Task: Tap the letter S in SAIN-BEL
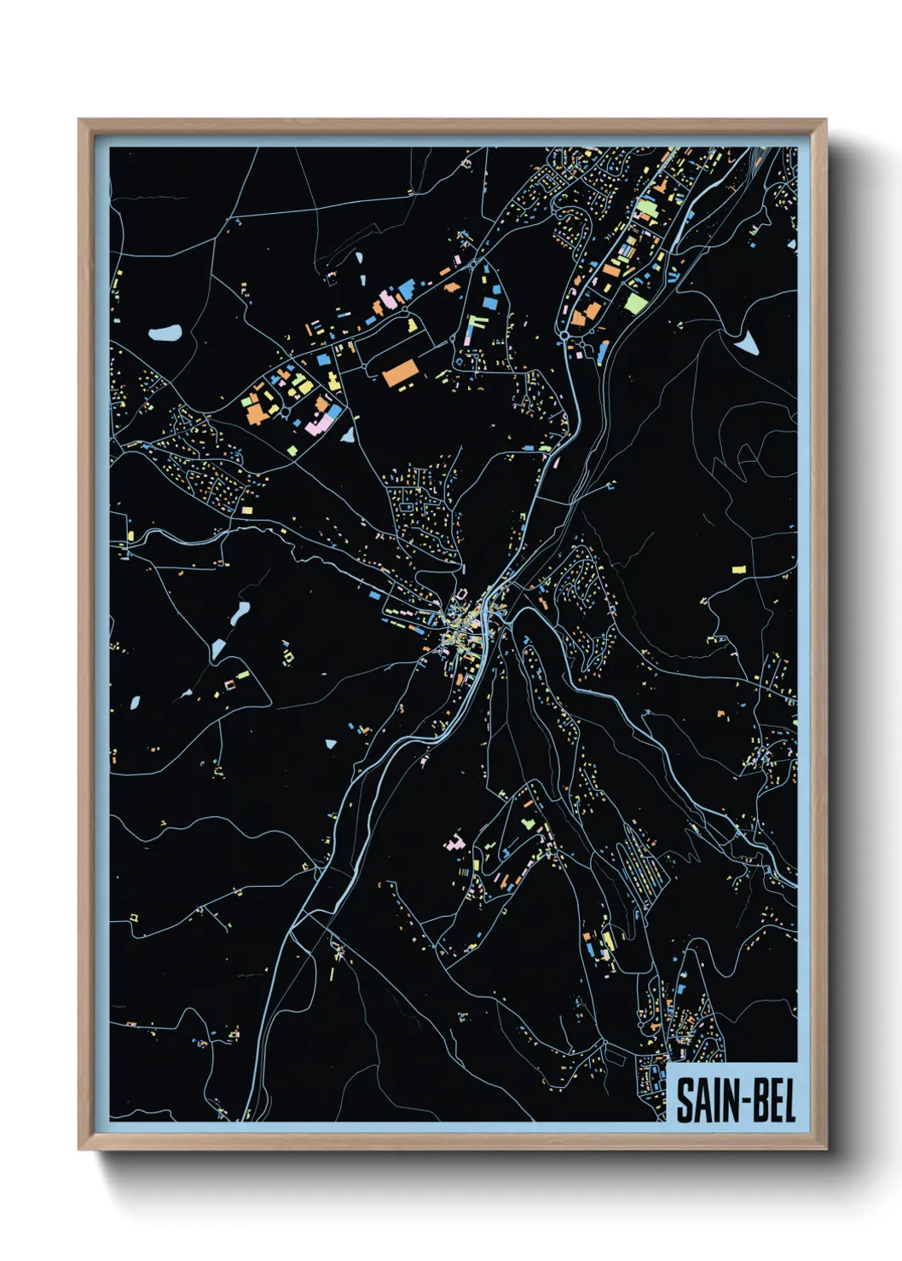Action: tap(685, 1100)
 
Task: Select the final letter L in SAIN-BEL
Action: tap(788, 1100)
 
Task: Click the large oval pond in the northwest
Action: tap(165, 331)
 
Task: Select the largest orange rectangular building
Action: tap(400, 373)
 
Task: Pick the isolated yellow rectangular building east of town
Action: tap(738, 567)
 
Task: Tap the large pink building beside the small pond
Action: tap(321, 423)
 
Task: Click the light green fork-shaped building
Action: tap(476, 324)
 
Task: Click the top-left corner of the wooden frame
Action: tap(80, 121)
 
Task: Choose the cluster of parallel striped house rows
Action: tap(641, 861)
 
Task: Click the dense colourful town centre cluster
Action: tap(460, 626)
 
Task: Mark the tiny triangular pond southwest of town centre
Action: tap(331, 744)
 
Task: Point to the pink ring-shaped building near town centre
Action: tap(228, 683)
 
